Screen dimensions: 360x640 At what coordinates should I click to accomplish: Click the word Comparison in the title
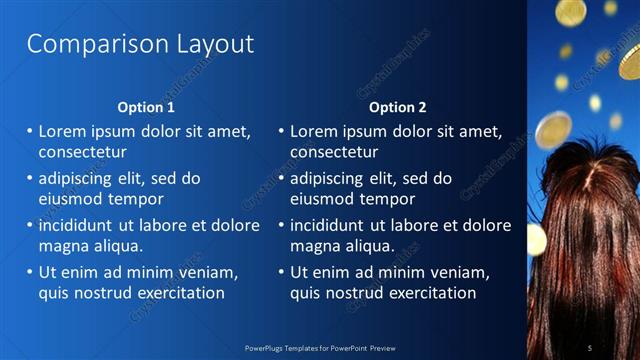click(83, 44)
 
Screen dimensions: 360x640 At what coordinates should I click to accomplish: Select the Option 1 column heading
click(146, 107)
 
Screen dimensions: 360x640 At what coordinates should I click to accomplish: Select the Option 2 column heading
click(397, 107)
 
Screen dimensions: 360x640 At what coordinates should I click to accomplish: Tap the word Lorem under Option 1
click(63, 130)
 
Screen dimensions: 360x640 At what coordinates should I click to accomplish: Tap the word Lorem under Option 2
click(314, 130)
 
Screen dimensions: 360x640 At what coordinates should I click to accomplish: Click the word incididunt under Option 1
click(84, 224)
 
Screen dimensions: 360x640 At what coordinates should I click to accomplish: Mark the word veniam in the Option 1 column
click(206, 271)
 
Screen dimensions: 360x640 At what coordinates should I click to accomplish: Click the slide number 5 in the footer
click(590, 347)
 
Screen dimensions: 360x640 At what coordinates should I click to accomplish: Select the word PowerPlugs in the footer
click(266, 347)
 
